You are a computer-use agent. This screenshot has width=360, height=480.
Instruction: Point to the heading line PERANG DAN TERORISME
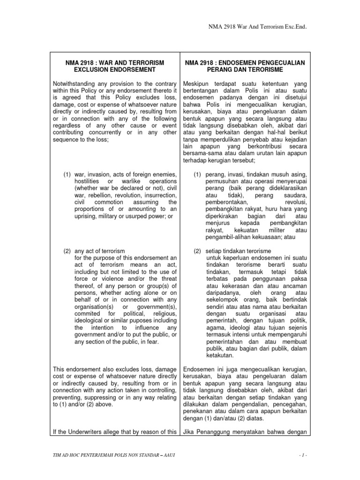point(243,69)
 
